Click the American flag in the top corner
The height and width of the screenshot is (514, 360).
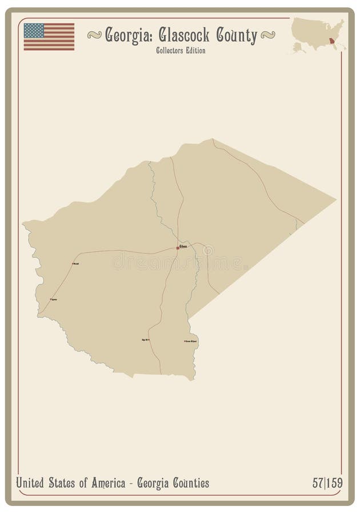coord(49,37)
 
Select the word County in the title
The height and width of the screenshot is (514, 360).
coord(235,36)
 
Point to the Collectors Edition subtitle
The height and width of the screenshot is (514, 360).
coord(180,50)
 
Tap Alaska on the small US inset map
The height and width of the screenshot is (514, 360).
coord(299,47)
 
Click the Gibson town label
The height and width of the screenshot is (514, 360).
coord(183,246)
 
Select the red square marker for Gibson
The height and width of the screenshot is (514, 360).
coord(177,248)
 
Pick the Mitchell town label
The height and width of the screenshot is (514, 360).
coord(76,263)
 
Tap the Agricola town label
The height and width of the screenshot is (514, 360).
coord(54,299)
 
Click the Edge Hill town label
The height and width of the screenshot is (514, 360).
coord(145,340)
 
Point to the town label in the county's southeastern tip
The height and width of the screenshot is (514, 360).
coord(191,342)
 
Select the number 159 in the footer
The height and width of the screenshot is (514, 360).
coord(335,483)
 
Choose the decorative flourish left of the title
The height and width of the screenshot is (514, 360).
coord(94,35)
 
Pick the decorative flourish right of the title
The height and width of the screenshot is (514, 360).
coord(267,35)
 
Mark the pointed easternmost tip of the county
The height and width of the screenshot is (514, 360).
coord(335,200)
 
